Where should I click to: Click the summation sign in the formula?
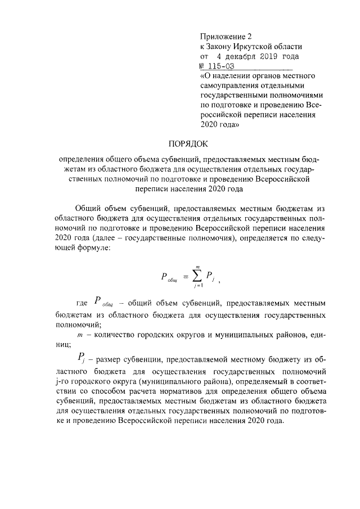[195, 276]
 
